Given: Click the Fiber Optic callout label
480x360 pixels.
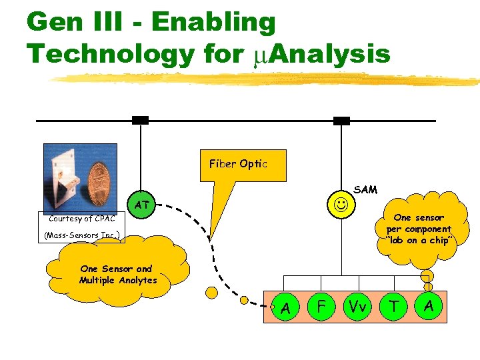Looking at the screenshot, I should point(238,164).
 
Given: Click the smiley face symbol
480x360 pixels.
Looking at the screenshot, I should point(341,203).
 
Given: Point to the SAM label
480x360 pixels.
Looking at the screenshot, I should point(365,189).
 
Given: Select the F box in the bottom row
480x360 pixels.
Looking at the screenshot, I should point(321,307).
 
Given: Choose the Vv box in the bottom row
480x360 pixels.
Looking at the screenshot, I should point(357,307).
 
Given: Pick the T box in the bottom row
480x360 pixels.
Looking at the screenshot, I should point(394,307).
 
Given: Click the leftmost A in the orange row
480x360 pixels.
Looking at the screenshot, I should point(285,307).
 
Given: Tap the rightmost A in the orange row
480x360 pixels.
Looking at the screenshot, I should point(429,306).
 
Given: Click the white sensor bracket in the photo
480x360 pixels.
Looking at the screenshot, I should point(67,177).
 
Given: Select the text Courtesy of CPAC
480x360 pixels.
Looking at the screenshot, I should point(82,219).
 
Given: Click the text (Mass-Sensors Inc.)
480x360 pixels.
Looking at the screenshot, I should point(82,235).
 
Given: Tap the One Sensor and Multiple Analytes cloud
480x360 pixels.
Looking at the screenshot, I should point(117,275).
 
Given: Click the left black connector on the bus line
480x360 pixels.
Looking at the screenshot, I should point(140,120).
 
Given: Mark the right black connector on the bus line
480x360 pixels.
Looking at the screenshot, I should point(341,120).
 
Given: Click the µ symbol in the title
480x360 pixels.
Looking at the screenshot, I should point(261,53).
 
